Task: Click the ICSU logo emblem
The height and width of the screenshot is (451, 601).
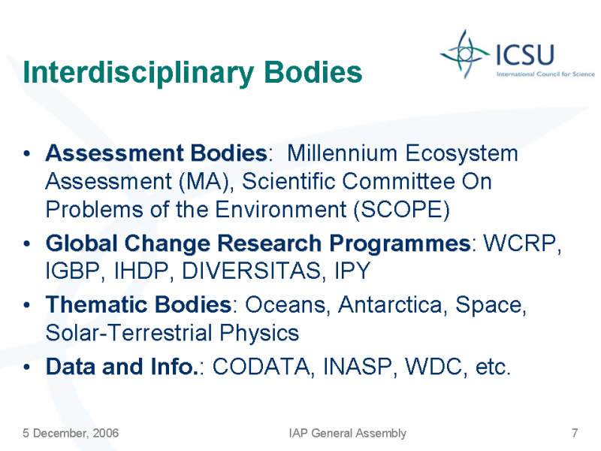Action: (x=464, y=54)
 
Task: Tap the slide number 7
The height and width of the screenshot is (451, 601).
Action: (x=575, y=433)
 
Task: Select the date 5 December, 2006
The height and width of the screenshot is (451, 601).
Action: (x=71, y=434)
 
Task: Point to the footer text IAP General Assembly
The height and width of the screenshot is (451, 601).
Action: (x=347, y=434)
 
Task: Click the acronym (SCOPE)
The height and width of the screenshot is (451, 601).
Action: (x=401, y=210)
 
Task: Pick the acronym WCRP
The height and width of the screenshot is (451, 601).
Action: (x=521, y=243)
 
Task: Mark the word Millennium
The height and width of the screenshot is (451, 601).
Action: (x=342, y=153)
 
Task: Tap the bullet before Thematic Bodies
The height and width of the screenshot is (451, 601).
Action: (x=26, y=305)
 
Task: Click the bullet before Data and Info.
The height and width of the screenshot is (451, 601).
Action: (x=26, y=367)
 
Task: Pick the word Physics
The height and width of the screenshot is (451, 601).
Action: (x=259, y=333)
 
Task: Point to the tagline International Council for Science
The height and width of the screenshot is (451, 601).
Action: (x=545, y=74)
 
